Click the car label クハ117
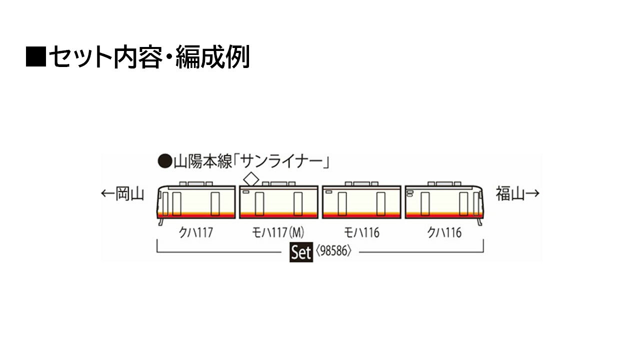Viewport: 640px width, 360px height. (x=196, y=232)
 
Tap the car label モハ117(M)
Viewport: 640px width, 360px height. (x=277, y=232)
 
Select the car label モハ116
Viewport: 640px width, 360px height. (x=361, y=232)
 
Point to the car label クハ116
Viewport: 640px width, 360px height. (x=444, y=232)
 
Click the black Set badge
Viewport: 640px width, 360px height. (x=301, y=252)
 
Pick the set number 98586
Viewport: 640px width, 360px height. (x=333, y=251)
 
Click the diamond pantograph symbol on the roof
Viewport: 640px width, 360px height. (x=251, y=179)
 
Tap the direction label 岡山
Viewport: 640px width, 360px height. (x=129, y=193)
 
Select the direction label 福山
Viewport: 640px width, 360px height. (x=510, y=193)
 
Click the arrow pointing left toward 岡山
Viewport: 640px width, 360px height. (x=107, y=193)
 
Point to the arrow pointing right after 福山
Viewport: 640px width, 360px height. (x=532, y=193)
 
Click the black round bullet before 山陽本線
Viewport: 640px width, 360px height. (x=165, y=161)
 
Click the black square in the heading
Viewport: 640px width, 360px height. (x=36, y=56)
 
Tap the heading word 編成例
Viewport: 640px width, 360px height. (x=212, y=56)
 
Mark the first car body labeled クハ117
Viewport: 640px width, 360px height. (x=196, y=202)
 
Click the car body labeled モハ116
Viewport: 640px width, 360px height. (x=361, y=202)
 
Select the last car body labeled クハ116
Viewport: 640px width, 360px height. (x=444, y=202)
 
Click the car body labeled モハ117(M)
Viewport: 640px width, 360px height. (x=278, y=202)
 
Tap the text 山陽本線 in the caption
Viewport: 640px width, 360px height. (x=203, y=162)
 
